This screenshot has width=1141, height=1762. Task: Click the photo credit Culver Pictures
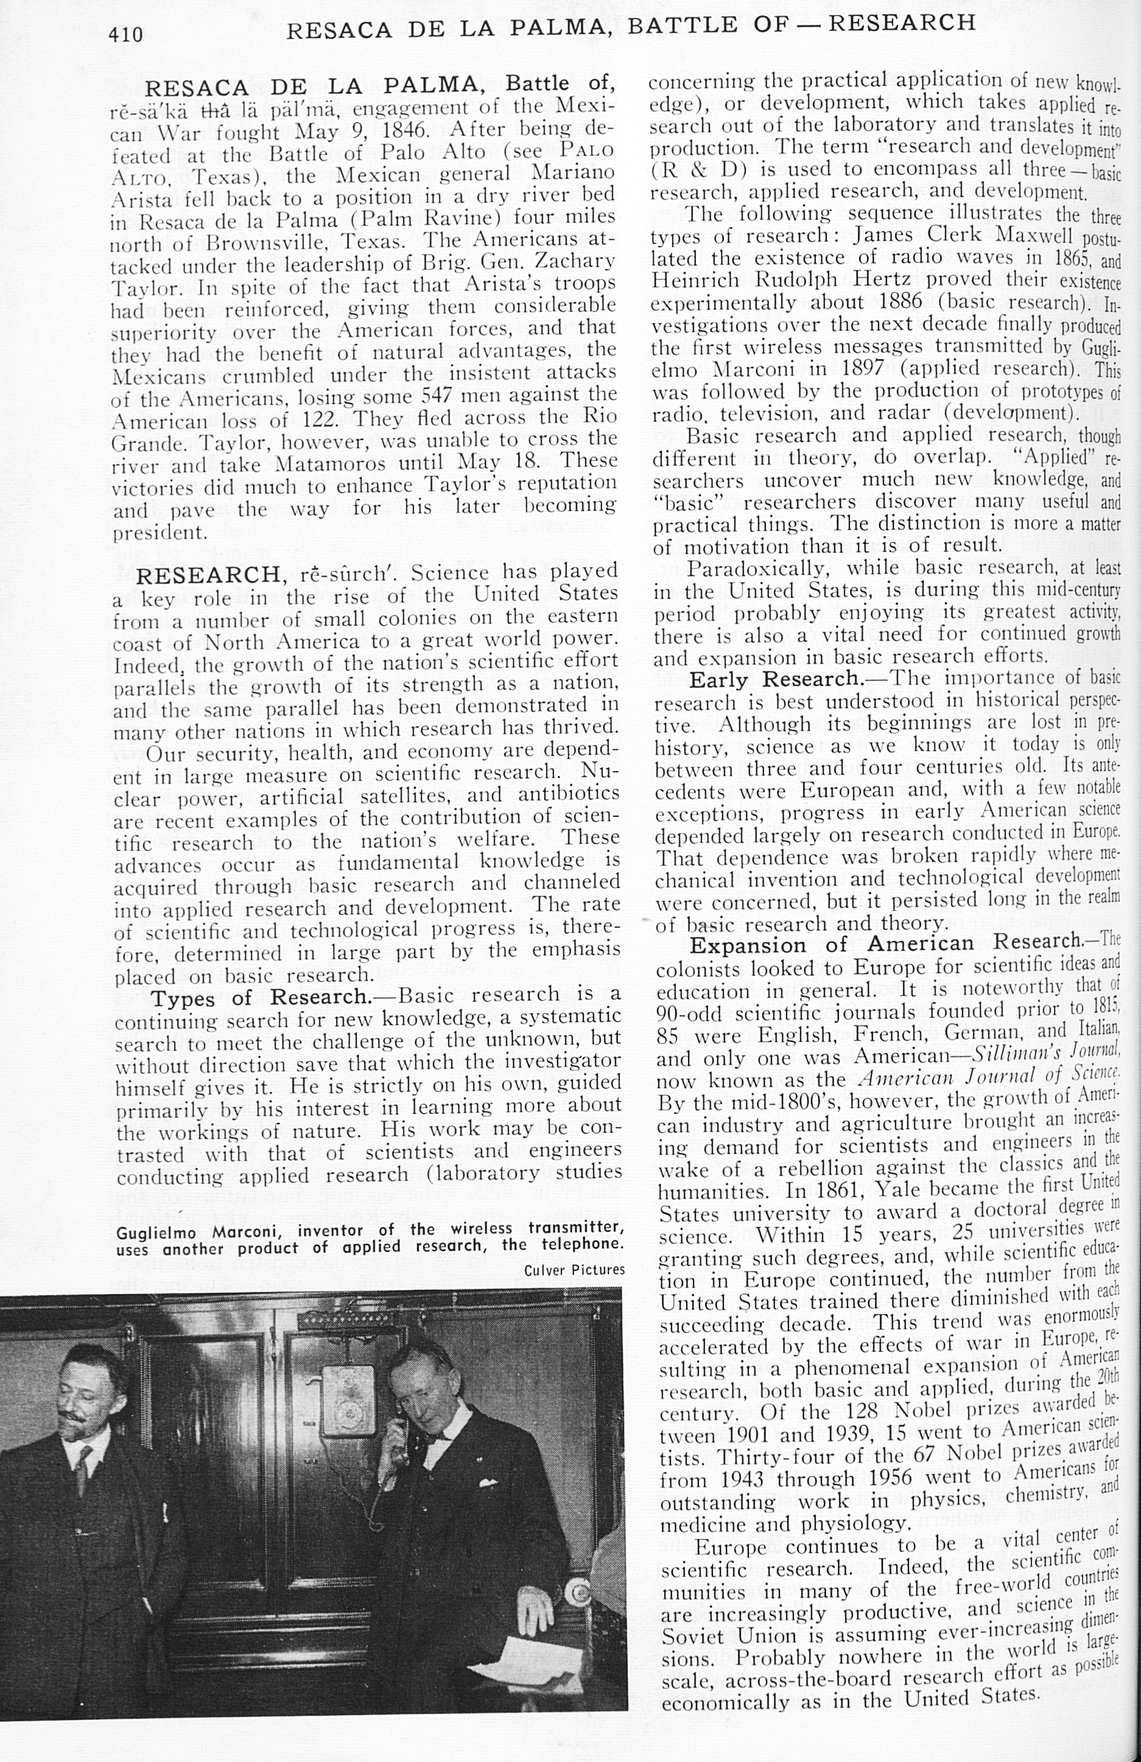click(x=574, y=1270)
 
